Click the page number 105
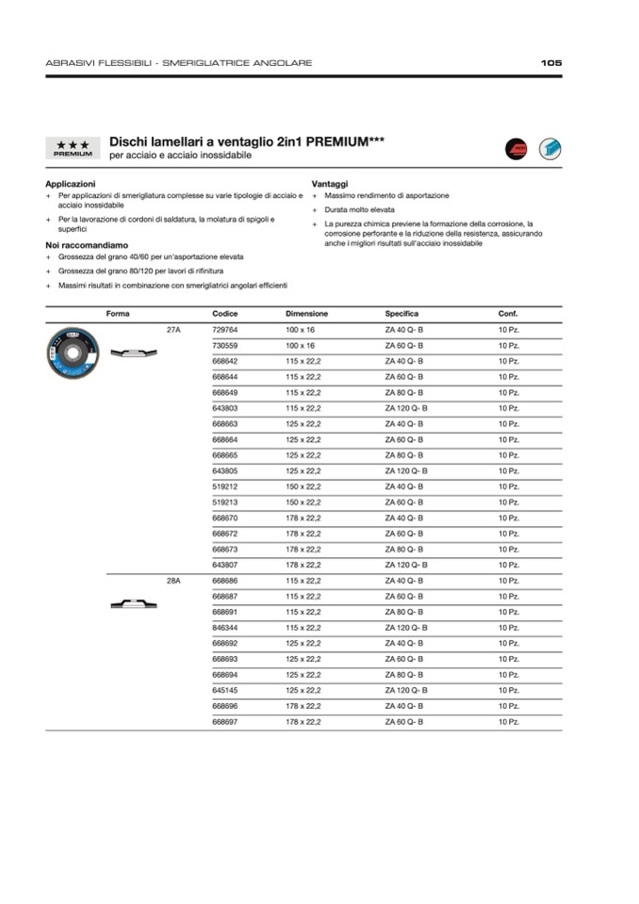click(551, 63)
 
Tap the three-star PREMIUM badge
click(73, 148)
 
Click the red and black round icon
click(515, 148)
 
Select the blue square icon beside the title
click(549, 148)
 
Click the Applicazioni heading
click(71, 184)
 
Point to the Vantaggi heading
click(330, 184)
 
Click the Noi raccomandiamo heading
click(85, 244)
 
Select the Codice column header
click(225, 314)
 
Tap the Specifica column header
click(401, 314)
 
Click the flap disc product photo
click(72, 352)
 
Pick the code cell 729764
click(225, 330)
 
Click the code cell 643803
click(225, 408)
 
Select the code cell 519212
click(225, 486)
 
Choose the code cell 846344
click(225, 628)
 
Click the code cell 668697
click(225, 722)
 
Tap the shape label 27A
click(173, 330)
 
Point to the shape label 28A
click(173, 581)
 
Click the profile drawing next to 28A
click(132, 604)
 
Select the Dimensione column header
click(307, 314)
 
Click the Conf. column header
click(508, 314)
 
